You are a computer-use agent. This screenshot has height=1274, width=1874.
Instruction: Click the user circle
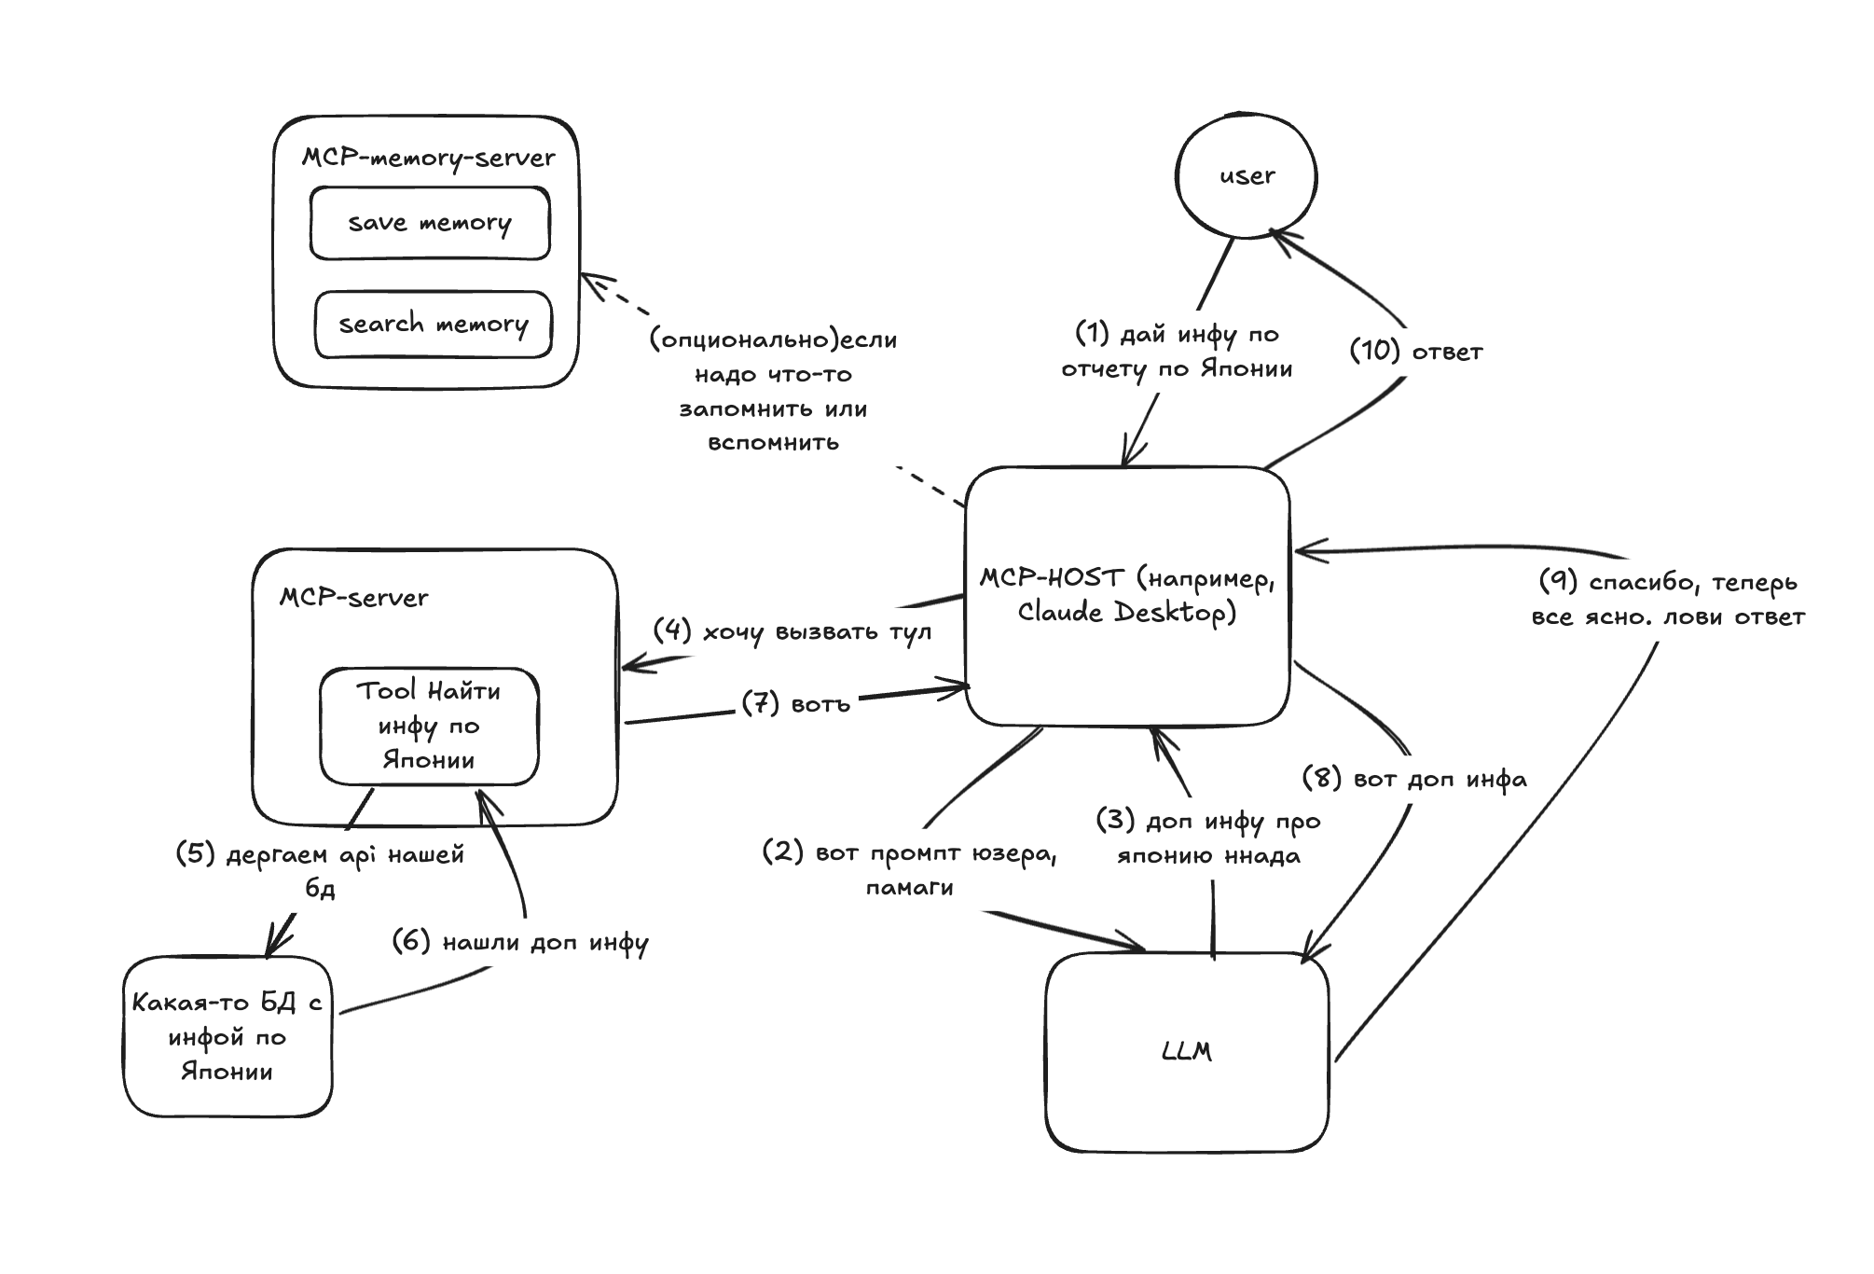1247,176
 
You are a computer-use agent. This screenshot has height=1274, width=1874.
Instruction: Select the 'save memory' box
430,223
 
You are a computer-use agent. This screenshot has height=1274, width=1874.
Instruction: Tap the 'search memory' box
434,325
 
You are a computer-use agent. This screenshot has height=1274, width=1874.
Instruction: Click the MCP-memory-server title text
428,158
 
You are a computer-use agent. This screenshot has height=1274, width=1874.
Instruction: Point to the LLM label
1187,1052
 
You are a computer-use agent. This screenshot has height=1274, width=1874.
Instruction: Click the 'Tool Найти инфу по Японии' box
429,726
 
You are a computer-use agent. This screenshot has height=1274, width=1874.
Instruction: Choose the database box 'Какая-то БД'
227,1036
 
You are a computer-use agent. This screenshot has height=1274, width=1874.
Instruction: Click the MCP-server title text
354,598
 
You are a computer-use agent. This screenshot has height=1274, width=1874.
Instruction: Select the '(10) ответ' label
1415,352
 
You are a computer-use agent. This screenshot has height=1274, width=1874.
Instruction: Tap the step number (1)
1092,333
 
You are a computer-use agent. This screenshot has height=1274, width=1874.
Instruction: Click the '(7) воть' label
796,703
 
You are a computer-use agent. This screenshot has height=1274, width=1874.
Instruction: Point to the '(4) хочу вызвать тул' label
792,631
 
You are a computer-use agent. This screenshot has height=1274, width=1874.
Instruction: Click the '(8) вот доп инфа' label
1413,779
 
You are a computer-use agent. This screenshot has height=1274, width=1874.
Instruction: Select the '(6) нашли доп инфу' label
519,942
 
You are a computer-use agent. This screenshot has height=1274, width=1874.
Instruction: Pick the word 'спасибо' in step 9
1644,583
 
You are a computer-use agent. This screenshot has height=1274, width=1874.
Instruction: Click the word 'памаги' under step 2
909,887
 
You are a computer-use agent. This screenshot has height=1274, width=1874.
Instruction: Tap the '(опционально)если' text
773,339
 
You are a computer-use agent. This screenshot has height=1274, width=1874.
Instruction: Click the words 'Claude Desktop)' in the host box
1126,613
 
